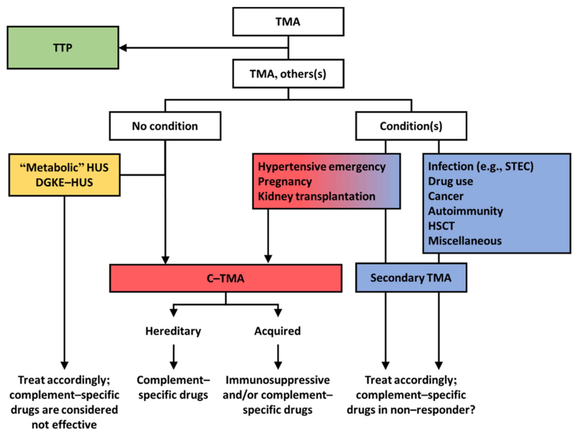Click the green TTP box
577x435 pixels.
[x=63, y=48]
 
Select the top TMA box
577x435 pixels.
[x=288, y=22]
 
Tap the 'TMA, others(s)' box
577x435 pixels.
[x=288, y=74]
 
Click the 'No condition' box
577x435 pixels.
[x=165, y=126]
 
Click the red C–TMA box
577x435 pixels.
[x=226, y=278]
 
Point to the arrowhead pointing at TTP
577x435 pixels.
[x=123, y=48]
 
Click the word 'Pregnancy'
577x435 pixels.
[x=285, y=182]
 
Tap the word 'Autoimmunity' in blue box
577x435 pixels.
[x=465, y=211]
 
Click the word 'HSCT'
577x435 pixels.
[x=441, y=226]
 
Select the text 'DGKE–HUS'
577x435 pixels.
[x=64, y=183]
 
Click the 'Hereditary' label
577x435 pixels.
[x=173, y=331]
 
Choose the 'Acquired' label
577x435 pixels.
[x=277, y=331]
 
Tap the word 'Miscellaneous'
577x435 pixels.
[x=465, y=241]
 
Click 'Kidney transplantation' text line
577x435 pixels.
[x=316, y=196]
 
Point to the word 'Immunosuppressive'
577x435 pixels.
[x=277, y=380]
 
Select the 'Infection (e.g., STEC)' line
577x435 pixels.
[x=481, y=167]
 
